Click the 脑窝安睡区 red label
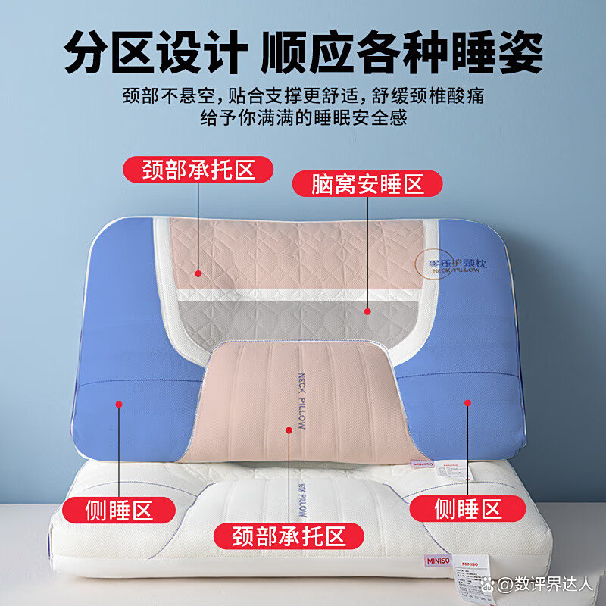pos(368,183)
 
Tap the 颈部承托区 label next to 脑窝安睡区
pos(198,169)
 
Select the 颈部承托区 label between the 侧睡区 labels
pos(289,536)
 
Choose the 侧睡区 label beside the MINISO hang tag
pos(469,508)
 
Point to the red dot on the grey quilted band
pos(367,310)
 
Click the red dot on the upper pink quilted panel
pos(198,273)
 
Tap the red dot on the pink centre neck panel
pos(289,430)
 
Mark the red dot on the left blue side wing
pos(118,404)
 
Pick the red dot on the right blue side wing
pos(468,404)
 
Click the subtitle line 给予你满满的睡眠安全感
pos(304,118)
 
